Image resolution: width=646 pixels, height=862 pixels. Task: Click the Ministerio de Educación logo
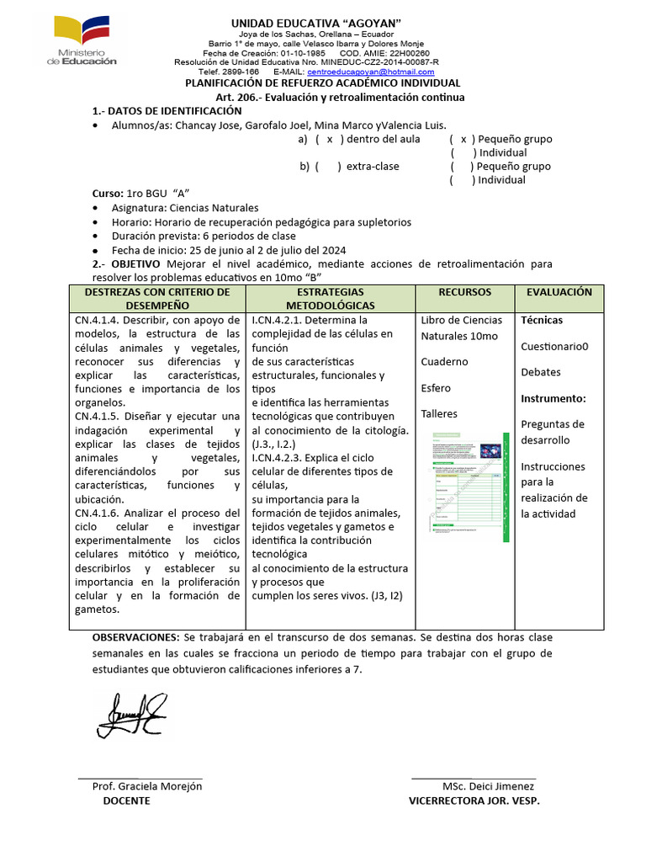[86, 40]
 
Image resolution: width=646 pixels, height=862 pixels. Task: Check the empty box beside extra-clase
[328, 167]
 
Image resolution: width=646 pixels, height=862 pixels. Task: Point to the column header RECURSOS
[464, 292]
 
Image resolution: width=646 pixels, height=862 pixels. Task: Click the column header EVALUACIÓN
[559, 292]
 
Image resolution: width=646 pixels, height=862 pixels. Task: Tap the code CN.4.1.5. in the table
[99, 417]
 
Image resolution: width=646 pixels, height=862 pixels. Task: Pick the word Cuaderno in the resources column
[445, 362]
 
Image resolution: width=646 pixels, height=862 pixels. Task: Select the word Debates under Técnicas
[540, 372]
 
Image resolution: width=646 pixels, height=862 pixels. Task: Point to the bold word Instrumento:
[553, 398]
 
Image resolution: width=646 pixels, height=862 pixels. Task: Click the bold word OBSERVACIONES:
[135, 637]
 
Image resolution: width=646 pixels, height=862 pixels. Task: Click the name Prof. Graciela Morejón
[147, 786]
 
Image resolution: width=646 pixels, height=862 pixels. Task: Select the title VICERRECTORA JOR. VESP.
[474, 801]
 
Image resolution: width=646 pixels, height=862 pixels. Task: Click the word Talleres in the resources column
[441, 414]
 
